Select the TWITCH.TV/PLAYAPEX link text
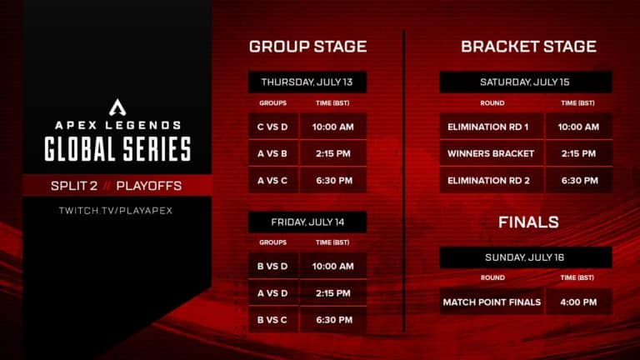pyautogui.click(x=117, y=209)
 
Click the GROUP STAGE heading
pyautogui.click(x=307, y=47)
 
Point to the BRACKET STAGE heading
pyautogui.click(x=528, y=47)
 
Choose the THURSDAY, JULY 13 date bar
pyautogui.click(x=307, y=82)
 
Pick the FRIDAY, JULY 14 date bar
pyautogui.click(x=307, y=222)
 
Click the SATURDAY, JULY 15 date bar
pyautogui.click(x=526, y=82)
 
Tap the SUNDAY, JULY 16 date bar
pyautogui.click(x=526, y=257)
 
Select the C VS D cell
pyautogui.click(x=272, y=127)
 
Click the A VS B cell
pyautogui.click(x=272, y=153)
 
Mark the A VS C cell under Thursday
pyautogui.click(x=272, y=180)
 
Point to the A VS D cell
pyautogui.click(x=272, y=293)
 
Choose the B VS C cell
pyautogui.click(x=272, y=320)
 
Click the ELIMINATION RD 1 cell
pyautogui.click(x=492, y=127)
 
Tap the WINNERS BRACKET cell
pyautogui.click(x=492, y=153)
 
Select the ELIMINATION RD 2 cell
pyautogui.click(x=492, y=180)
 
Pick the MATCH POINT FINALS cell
pyautogui.click(x=492, y=302)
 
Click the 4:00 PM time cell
pyautogui.click(x=578, y=302)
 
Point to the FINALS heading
pyautogui.click(x=528, y=222)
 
